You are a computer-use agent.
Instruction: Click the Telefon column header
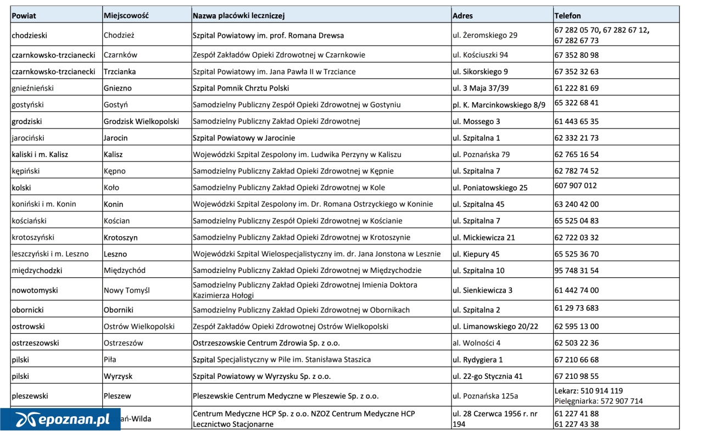tap(568, 16)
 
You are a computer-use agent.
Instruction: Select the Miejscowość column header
tap(126, 16)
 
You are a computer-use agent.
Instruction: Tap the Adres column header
tap(462, 16)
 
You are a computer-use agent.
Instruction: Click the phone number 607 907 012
tap(576, 186)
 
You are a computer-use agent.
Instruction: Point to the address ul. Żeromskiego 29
tap(484, 35)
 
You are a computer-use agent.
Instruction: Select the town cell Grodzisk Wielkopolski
tap(141, 121)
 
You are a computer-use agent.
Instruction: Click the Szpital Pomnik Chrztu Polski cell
tap(241, 88)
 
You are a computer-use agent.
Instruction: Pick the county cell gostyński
tap(27, 104)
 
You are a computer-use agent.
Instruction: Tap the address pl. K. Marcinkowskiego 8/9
tap(499, 104)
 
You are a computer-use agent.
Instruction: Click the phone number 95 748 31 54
tap(577, 271)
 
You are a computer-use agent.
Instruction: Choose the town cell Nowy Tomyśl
tap(126, 290)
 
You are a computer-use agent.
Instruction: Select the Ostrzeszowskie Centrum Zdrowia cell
tap(266, 343)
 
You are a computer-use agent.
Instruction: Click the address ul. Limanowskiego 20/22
tap(495, 326)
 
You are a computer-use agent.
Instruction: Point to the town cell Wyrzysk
tap(118, 377)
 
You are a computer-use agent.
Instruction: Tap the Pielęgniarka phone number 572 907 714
tap(621, 401)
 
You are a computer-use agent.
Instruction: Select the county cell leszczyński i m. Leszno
tap(50, 254)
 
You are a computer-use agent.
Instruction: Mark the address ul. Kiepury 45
tap(476, 254)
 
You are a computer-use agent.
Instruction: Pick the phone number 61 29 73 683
tap(577, 308)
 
